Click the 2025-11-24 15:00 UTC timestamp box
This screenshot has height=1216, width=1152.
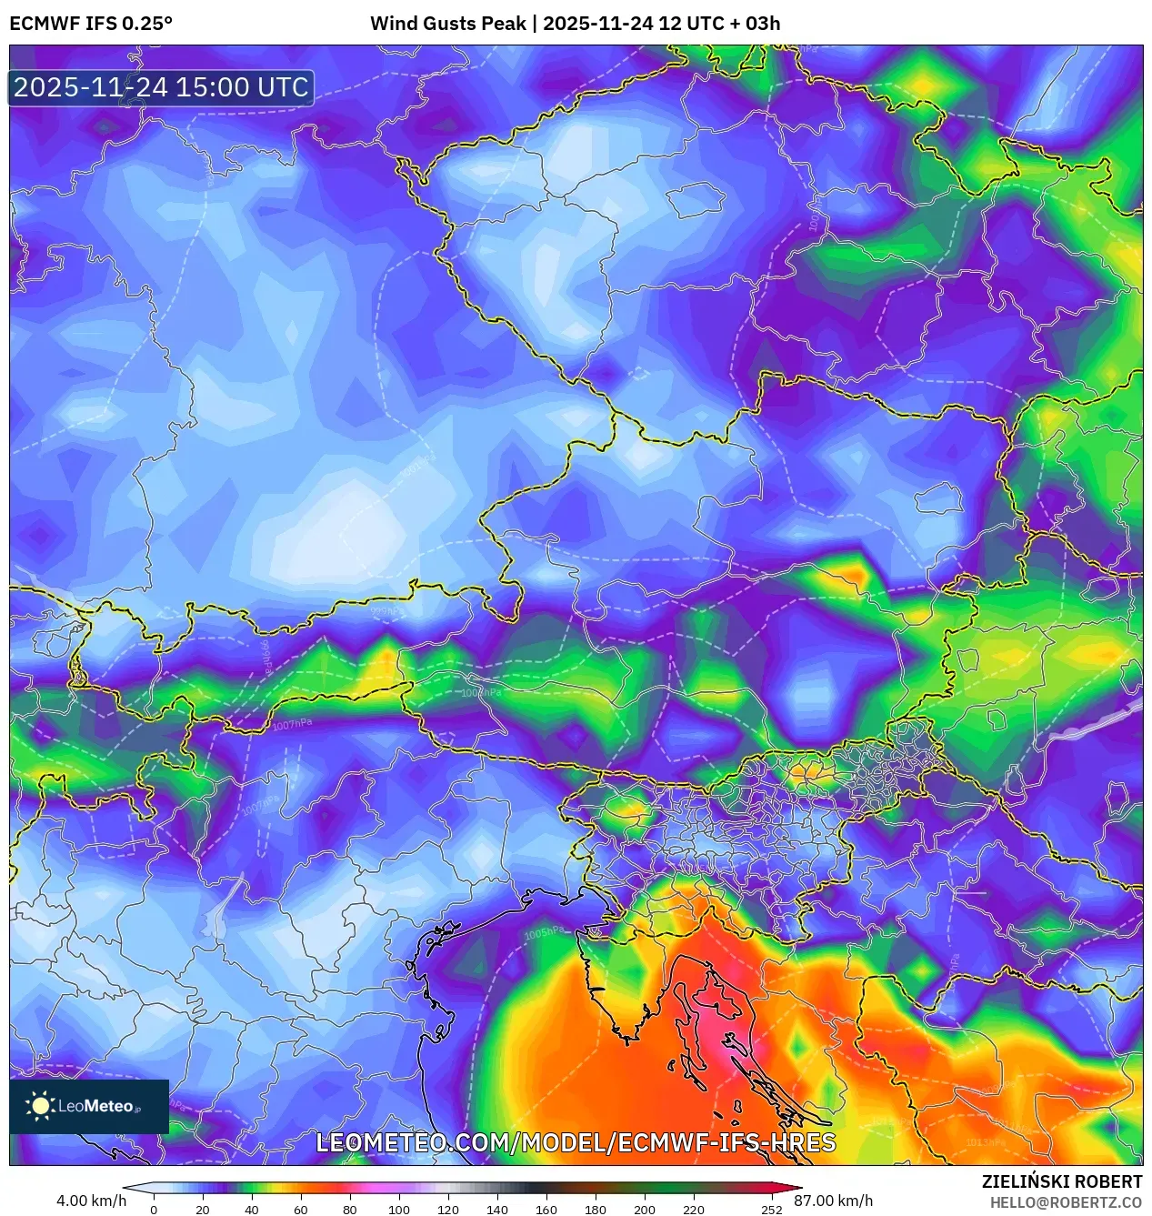coord(161,87)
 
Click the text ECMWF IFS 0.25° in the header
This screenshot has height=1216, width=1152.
coord(91,24)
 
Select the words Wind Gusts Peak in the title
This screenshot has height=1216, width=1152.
coord(447,24)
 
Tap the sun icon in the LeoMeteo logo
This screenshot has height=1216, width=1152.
coord(40,1105)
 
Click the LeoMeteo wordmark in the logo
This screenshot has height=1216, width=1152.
coord(95,1106)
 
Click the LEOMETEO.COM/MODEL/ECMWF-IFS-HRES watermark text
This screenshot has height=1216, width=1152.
coord(576,1142)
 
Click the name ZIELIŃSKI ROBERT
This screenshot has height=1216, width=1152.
coord(1061,1181)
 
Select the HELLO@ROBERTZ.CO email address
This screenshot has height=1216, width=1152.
coord(1066,1202)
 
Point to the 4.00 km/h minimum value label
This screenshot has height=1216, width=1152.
coord(91,1201)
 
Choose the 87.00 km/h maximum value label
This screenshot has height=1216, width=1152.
coord(833,1201)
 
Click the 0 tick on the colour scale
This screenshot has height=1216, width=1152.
coord(154,1210)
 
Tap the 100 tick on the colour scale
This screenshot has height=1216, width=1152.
coord(398,1210)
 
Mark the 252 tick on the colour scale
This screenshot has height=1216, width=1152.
coord(771,1210)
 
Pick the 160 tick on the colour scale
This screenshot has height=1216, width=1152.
coord(546,1210)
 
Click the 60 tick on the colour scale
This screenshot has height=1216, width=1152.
coord(300,1210)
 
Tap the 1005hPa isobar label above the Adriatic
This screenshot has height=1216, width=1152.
coord(545,934)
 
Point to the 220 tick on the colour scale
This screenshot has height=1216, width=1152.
coord(693,1210)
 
